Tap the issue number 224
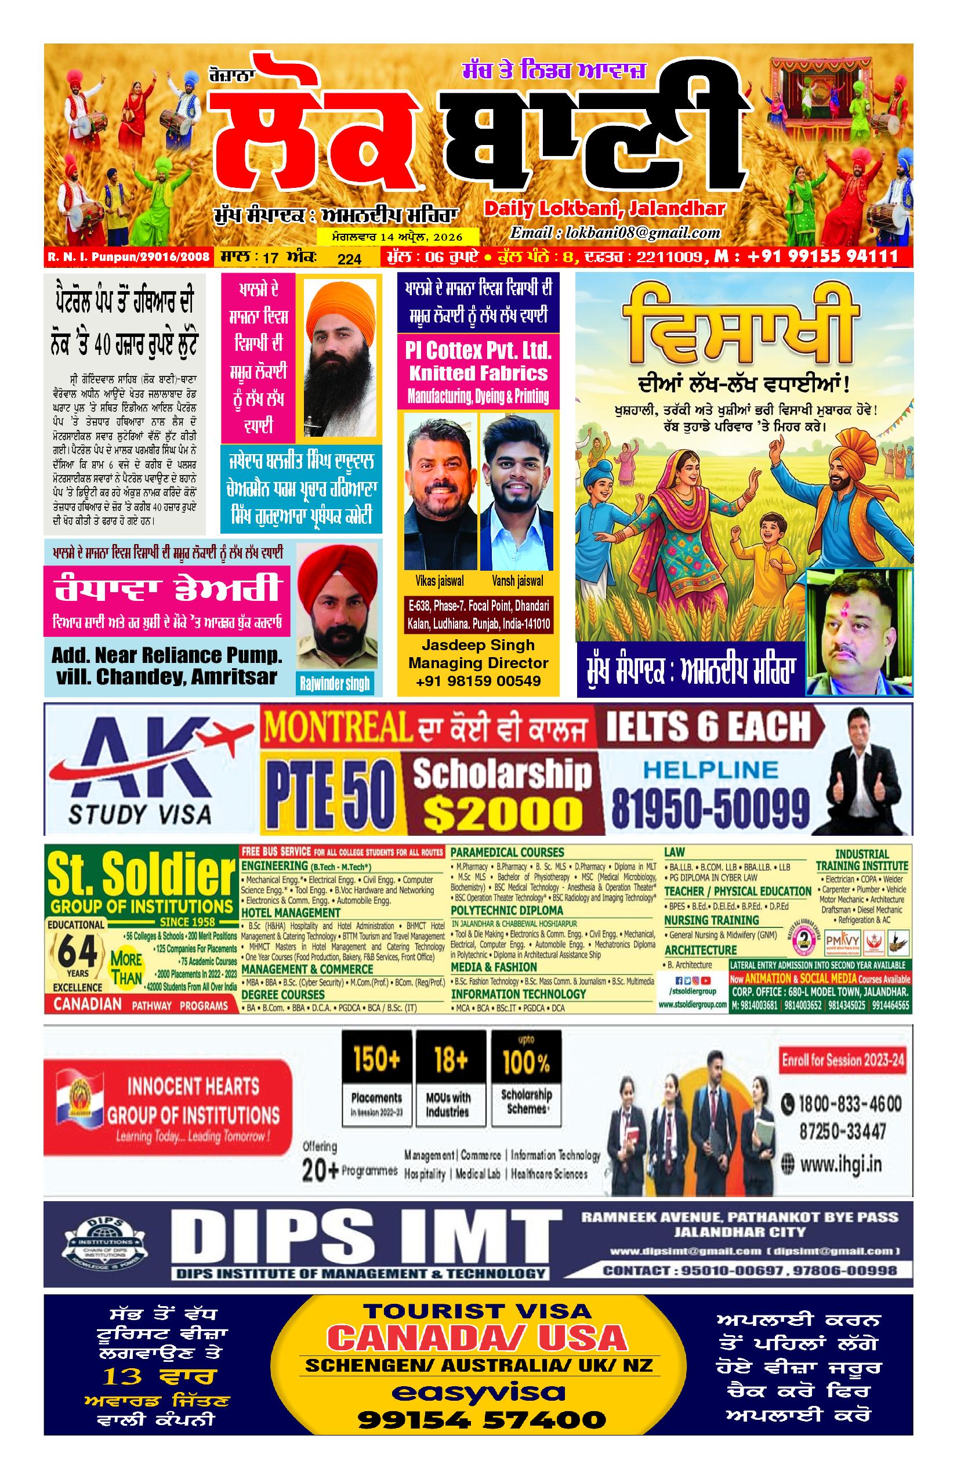click(349, 259)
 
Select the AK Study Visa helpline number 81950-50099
click(710, 808)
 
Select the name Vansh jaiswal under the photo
click(517, 581)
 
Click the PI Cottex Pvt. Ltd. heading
click(478, 350)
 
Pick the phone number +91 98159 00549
click(478, 681)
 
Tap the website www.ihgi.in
click(840, 1164)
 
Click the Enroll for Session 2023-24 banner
click(843, 1060)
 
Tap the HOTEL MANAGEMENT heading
click(290, 913)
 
